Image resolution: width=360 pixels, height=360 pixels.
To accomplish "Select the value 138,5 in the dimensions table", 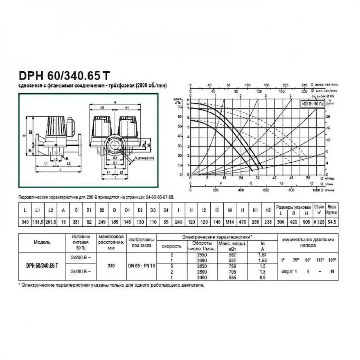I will pyautogui.click(x=37, y=222).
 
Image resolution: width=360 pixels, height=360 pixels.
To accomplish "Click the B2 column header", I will pyautogui.click(x=102, y=209).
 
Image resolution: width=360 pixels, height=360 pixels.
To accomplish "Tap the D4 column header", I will pyautogui.click(x=165, y=209).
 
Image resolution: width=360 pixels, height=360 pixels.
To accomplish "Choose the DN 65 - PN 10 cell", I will pyautogui.click(x=142, y=265).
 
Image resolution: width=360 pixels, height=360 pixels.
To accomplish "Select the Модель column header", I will pyautogui.click(x=42, y=242).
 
